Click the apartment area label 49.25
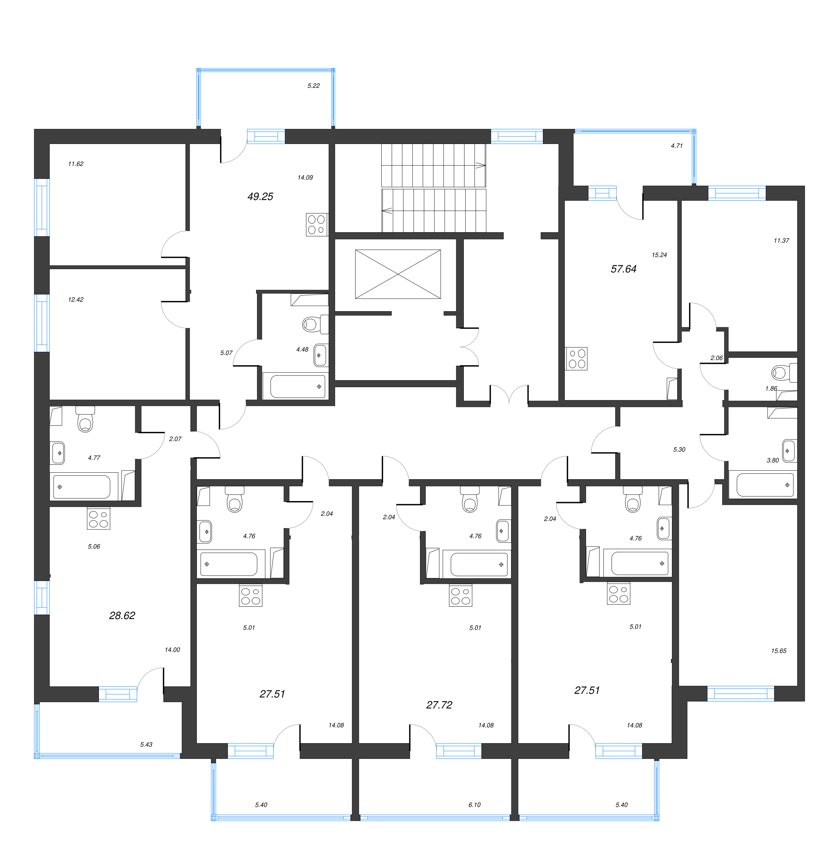coord(260,196)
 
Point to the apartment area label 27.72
coord(439,705)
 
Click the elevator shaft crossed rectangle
coord(397,274)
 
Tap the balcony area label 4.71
coord(676,145)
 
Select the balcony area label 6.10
coord(474,804)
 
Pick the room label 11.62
coord(75,164)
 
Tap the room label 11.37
coord(781,240)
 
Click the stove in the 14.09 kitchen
coord(317,225)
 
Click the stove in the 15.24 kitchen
coord(576,358)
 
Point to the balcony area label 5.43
coord(146,744)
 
